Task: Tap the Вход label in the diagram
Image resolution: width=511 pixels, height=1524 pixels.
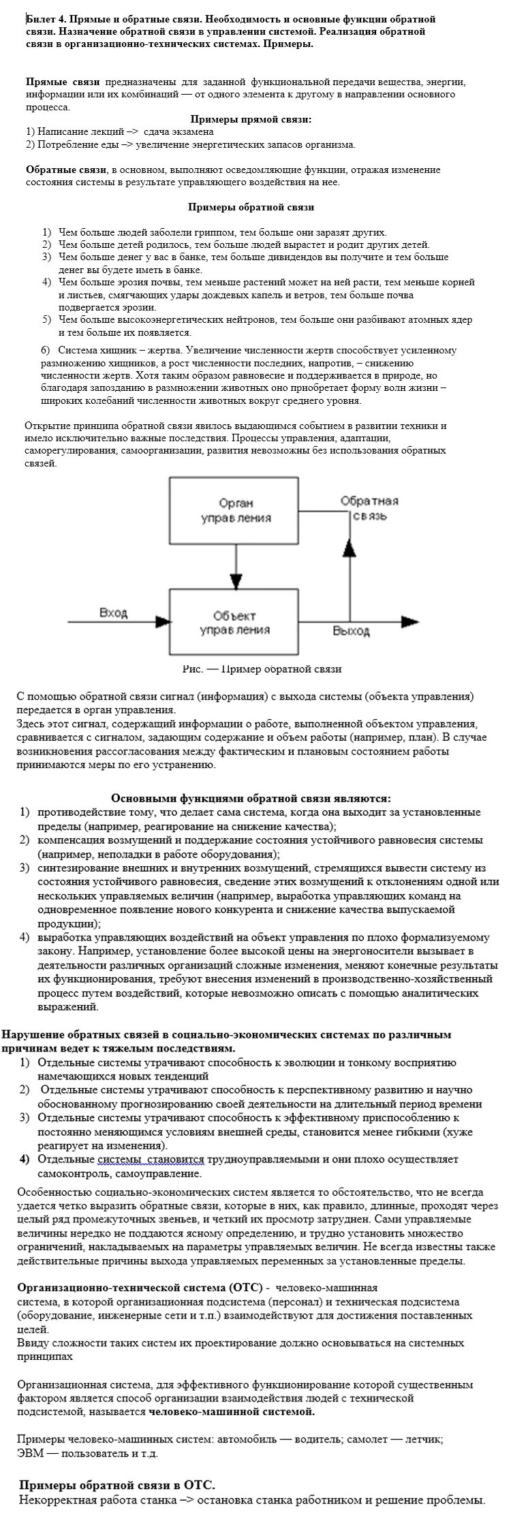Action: [114, 613]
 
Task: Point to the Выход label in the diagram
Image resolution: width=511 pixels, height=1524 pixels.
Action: [351, 631]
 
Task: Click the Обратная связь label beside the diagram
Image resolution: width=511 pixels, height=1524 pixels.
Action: [369, 508]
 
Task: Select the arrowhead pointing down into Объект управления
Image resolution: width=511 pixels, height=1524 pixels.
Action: [236, 581]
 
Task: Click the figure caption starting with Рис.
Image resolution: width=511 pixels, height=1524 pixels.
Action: [262, 669]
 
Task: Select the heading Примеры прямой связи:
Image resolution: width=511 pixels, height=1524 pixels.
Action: [251, 119]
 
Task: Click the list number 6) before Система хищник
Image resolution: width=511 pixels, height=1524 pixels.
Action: [46, 350]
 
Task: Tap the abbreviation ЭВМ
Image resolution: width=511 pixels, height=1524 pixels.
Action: [29, 1453]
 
